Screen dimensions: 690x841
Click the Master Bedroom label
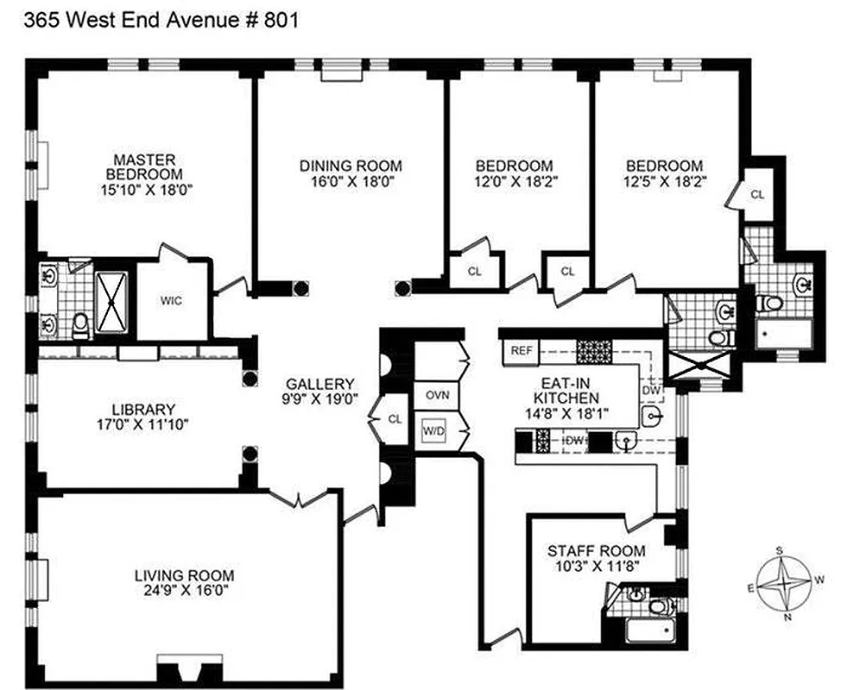coord(145,166)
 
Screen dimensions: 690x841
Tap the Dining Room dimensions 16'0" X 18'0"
coord(351,182)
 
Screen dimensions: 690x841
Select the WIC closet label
coord(169,301)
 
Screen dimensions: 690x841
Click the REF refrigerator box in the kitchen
coord(521,350)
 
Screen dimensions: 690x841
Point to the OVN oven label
coord(435,396)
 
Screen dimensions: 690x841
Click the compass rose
coord(782,582)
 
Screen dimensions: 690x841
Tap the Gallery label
coord(321,384)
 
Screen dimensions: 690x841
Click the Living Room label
coord(184,575)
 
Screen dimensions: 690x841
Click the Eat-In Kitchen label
coord(566,391)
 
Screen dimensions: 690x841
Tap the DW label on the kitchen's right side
coord(651,390)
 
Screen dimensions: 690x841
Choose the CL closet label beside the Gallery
coord(395,419)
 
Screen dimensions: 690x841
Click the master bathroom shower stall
coord(110,301)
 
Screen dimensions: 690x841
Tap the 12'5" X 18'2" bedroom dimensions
coord(664,182)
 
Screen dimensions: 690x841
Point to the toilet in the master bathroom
coord(80,323)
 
